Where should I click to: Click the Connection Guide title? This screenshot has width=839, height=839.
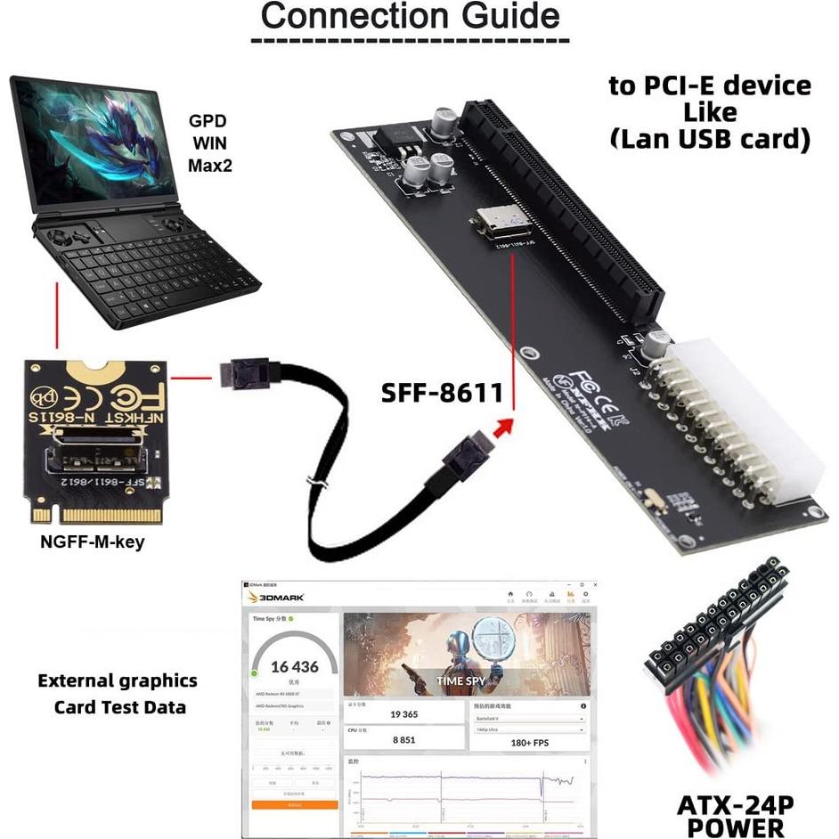pos(411,16)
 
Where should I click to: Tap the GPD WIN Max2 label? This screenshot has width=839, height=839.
pos(210,143)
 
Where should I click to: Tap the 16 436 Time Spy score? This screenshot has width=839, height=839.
pos(295,666)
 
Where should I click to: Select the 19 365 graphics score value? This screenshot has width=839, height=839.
pos(403,713)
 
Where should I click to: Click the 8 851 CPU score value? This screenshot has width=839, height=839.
pos(403,738)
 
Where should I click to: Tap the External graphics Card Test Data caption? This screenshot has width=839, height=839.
pos(118,694)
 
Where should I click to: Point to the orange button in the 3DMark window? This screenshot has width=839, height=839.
pos(294,804)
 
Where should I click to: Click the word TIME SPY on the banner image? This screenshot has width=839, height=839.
pos(462,681)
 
